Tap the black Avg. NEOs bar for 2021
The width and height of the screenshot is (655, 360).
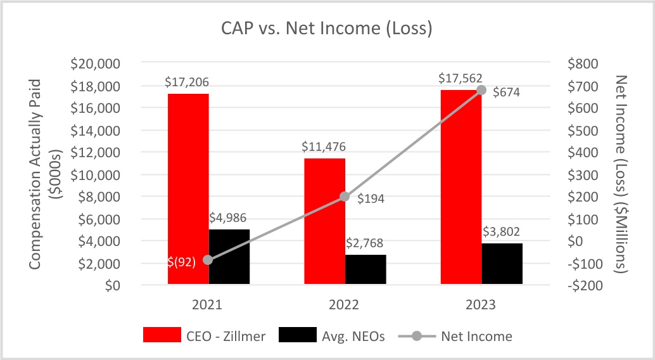pyautogui.click(x=229, y=257)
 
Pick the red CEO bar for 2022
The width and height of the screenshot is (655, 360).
pyautogui.click(x=324, y=221)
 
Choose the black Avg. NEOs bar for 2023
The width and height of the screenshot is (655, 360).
pyautogui.click(x=502, y=264)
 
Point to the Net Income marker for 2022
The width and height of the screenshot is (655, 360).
pyautogui.click(x=345, y=197)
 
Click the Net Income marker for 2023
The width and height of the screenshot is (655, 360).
pyautogui.click(x=481, y=90)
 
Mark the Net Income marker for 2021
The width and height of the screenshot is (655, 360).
pyautogui.click(x=208, y=260)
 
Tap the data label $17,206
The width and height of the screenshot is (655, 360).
pyautogui.click(x=187, y=82)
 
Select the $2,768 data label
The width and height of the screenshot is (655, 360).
pyautogui.click(x=366, y=243)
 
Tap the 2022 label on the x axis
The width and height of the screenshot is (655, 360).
pyautogui.click(x=345, y=304)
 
